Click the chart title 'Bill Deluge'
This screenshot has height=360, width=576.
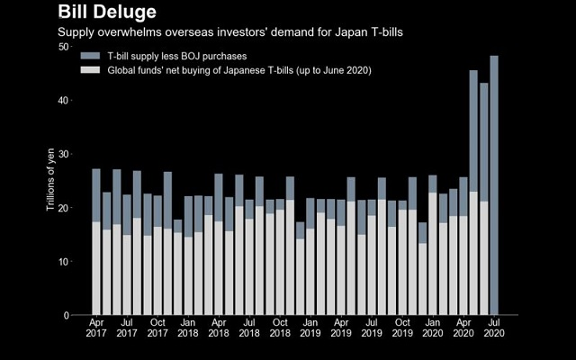107,12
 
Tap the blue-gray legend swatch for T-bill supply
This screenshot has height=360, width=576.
89,57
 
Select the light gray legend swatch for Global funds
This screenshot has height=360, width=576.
89,69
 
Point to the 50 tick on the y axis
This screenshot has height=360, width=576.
64,46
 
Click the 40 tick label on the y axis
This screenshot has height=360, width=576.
64,100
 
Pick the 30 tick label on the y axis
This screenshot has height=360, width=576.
64,154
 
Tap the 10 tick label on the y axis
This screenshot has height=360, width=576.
64,262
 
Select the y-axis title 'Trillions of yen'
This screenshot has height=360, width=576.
51,181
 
